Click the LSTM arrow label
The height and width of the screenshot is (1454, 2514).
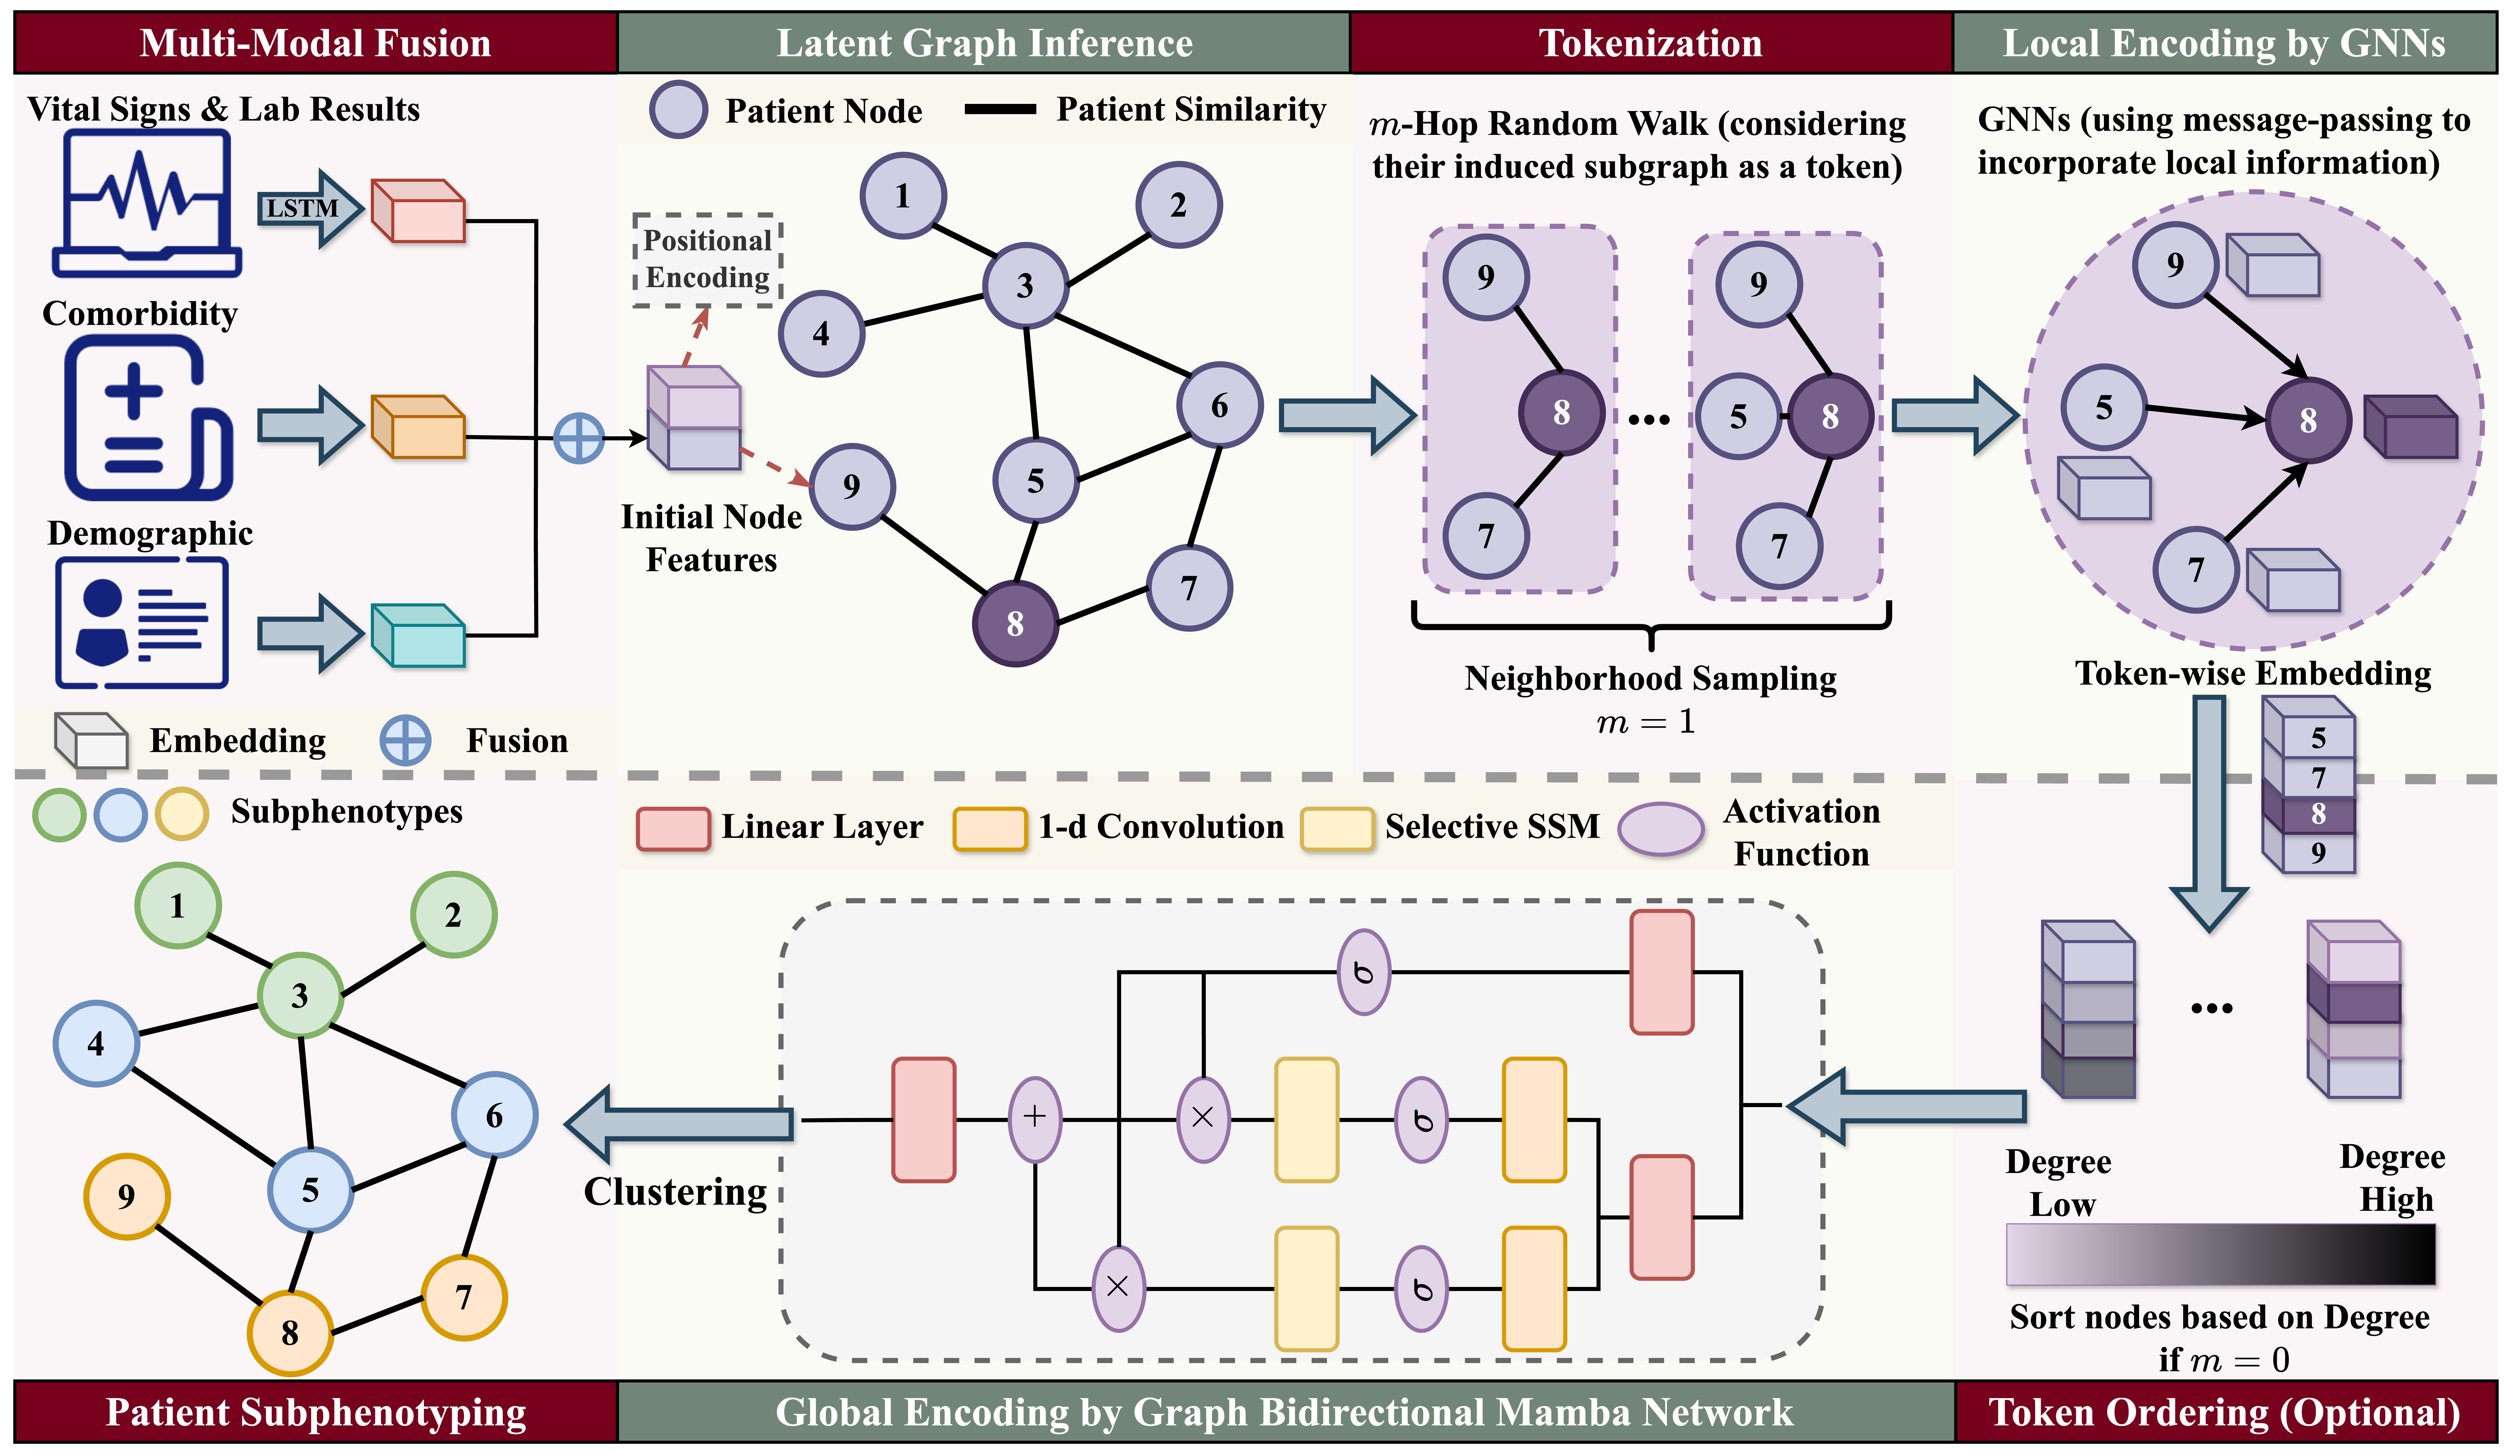[301, 208]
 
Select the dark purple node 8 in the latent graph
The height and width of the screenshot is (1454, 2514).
[1015, 624]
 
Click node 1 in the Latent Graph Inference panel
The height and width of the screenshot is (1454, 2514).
[903, 196]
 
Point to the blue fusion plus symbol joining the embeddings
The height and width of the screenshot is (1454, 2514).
[579, 438]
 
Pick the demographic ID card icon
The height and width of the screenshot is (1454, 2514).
[143, 623]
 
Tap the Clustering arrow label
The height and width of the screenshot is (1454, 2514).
[675, 1192]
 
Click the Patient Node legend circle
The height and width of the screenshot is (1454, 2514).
[678, 110]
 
